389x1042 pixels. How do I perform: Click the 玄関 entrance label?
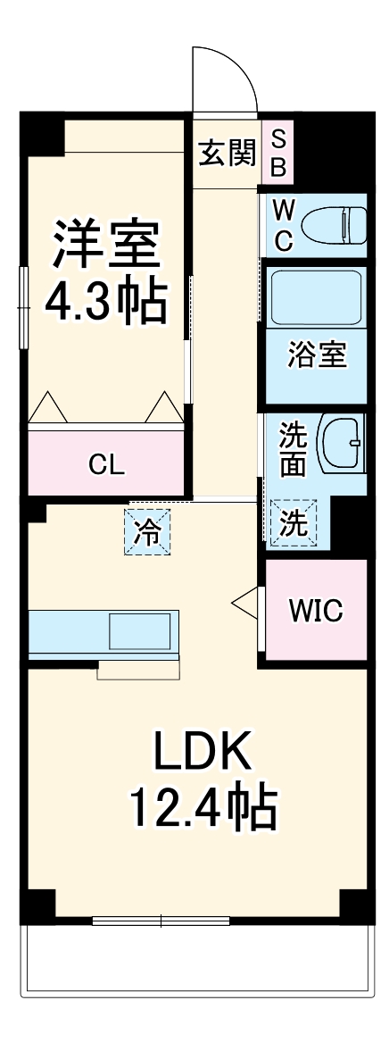click(x=227, y=153)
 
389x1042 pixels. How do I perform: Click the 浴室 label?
click(x=316, y=354)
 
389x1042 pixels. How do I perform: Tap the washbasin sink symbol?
click(x=343, y=444)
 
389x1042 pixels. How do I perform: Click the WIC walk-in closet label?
click(x=315, y=610)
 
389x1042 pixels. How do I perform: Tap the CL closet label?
click(x=106, y=464)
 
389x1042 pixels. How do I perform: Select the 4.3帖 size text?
click(x=107, y=303)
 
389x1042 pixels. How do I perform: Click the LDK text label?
click(x=204, y=753)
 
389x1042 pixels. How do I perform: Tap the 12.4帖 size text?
click(x=204, y=809)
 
